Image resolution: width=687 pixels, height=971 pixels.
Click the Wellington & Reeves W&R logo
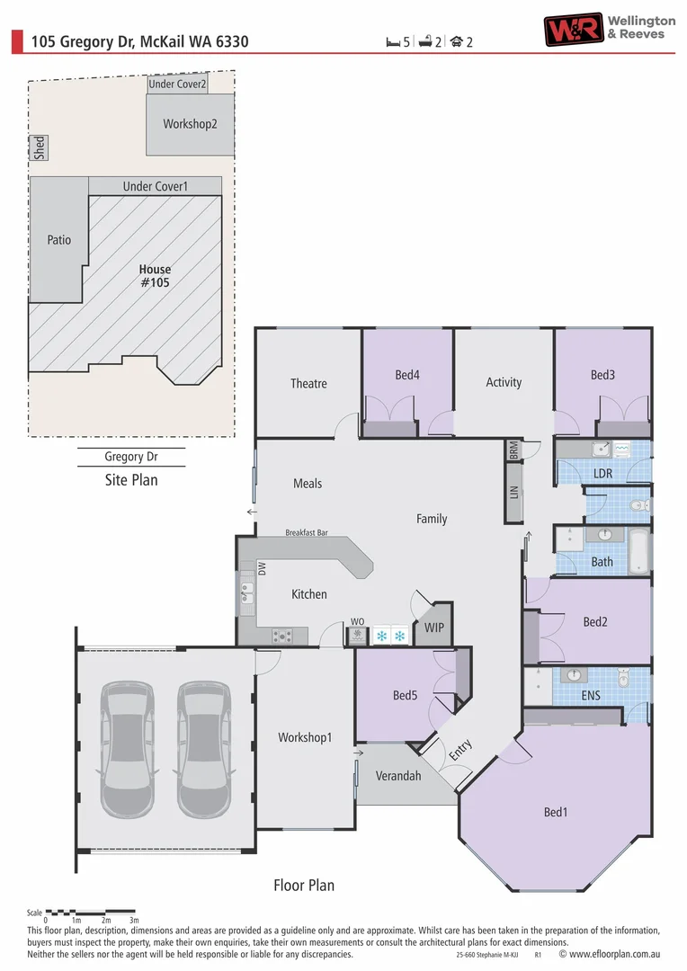tap(573, 29)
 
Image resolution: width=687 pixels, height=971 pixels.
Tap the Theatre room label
tap(308, 383)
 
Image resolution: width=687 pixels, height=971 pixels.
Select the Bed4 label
tap(407, 375)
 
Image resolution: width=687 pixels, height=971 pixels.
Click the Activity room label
tap(504, 382)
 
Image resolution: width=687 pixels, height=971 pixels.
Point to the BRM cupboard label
tap(514, 450)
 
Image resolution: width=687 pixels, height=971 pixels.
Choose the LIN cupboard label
tap(514, 493)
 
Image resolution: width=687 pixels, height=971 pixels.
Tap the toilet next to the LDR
tap(640, 506)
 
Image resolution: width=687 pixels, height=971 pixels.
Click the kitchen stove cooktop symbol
tap(282, 636)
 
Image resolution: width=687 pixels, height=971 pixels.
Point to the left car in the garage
tap(127, 750)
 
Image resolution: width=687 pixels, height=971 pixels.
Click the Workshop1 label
tap(305, 737)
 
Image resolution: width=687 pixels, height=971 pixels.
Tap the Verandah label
tap(398, 776)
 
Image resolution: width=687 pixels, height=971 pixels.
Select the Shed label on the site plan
tap(40, 148)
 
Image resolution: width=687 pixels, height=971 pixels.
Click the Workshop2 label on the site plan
tap(190, 124)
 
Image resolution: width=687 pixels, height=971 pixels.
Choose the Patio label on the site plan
tap(58, 240)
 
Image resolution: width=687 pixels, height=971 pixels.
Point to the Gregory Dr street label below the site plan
tap(131, 457)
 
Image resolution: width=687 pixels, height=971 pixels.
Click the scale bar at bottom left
tap(90, 912)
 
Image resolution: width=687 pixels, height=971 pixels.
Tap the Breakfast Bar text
tap(307, 532)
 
